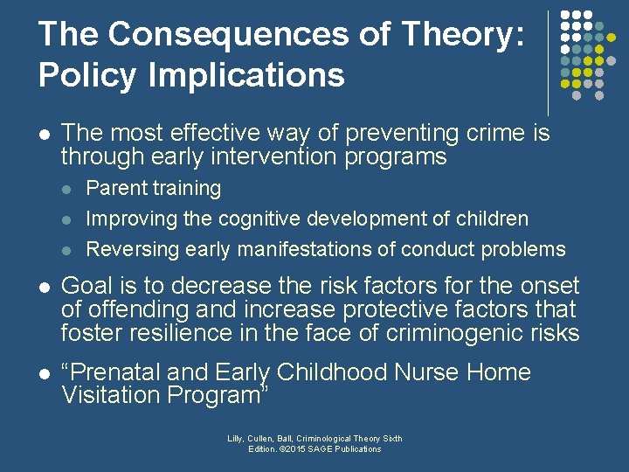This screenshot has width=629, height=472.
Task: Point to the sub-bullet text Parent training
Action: point(153,188)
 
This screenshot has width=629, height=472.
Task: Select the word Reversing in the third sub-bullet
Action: point(130,249)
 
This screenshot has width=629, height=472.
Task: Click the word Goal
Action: point(90,286)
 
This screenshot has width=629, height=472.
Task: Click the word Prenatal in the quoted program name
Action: point(109,372)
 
